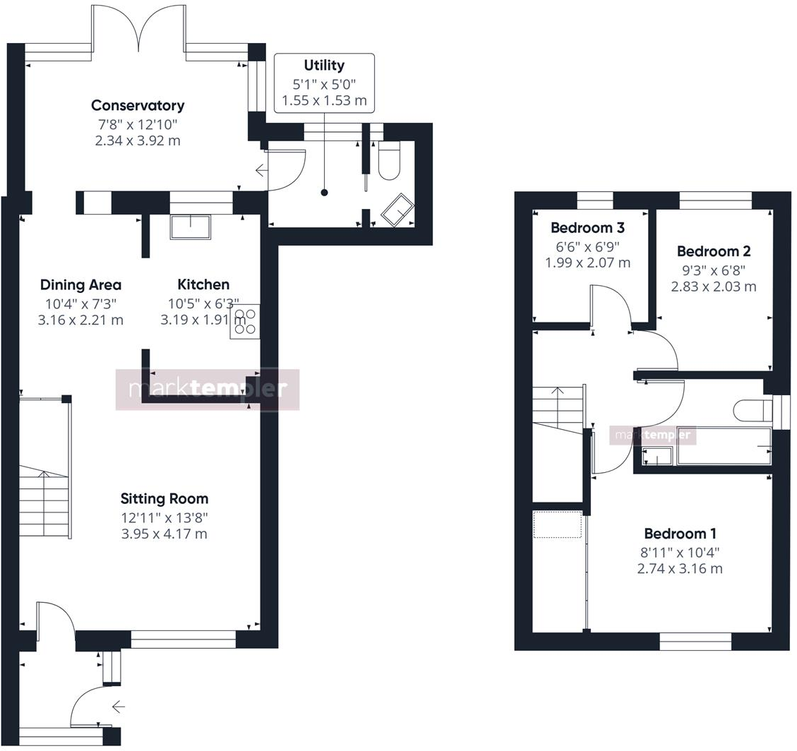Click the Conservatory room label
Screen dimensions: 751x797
point(138,106)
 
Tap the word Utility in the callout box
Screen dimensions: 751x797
point(324,66)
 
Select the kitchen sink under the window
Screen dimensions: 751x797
point(190,227)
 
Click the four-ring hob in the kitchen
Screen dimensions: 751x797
point(245,321)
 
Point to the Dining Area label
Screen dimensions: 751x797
point(80,285)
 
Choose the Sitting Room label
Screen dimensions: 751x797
point(164,499)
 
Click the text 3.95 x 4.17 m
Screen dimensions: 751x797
point(164,534)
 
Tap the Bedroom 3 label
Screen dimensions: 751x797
point(587,228)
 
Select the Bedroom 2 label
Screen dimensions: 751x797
point(713,251)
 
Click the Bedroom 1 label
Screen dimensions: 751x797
point(679,534)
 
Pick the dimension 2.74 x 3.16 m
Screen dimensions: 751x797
point(679,569)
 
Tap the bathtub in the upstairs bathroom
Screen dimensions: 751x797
point(724,446)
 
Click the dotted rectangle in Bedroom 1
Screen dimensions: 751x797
point(557,525)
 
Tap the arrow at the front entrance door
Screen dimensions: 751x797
point(118,706)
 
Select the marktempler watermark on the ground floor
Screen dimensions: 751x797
point(208,389)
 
